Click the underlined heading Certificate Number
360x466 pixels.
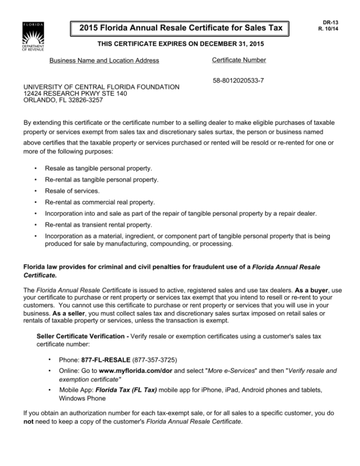click(239, 60)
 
